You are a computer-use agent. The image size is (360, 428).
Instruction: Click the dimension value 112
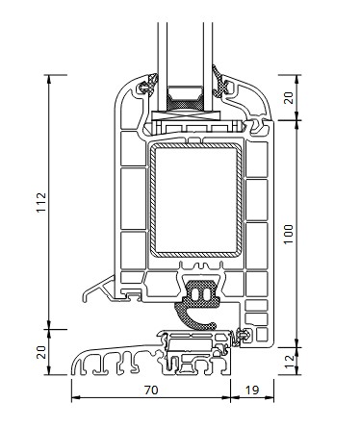click(41, 202)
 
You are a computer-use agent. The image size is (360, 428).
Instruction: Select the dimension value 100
click(289, 234)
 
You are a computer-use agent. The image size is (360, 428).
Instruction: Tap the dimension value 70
click(151, 390)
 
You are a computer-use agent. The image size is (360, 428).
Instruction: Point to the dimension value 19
click(252, 390)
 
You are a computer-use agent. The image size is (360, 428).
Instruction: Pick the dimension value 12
click(289, 362)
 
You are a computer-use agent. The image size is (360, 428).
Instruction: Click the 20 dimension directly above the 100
click(289, 97)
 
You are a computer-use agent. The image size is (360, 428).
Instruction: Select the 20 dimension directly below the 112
click(41, 352)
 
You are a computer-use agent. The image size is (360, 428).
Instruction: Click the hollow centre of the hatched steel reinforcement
click(195, 200)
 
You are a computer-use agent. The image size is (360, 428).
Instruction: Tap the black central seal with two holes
click(201, 293)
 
